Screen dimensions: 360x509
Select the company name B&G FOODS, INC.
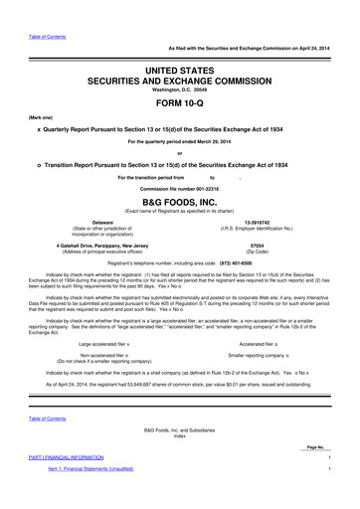pyautogui.click(x=180, y=200)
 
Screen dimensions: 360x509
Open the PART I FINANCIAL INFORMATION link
pyautogui.click(x=70, y=484)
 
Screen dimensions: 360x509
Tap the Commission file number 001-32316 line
pyautogui.click(x=179, y=189)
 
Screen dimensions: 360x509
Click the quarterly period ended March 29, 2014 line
pyautogui.click(x=180, y=140)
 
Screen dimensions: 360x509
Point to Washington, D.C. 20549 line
pyautogui.click(x=180, y=86)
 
